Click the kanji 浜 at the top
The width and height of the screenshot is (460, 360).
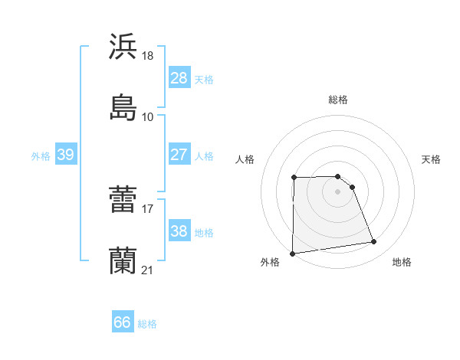click(123, 47)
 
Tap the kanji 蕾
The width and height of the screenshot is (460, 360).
click(123, 200)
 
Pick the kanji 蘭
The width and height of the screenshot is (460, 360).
click(123, 260)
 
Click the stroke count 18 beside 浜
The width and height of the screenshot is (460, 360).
click(149, 56)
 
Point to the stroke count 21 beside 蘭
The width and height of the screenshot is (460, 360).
click(148, 270)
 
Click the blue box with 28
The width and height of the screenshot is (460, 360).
click(179, 78)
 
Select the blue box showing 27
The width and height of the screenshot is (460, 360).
click(179, 155)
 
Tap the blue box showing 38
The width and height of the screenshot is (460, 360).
click(179, 231)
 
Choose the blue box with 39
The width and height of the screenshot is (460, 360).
click(65, 155)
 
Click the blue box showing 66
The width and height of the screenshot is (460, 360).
click(123, 322)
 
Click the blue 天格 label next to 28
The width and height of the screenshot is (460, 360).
click(204, 79)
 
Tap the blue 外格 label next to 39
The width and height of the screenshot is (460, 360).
click(41, 155)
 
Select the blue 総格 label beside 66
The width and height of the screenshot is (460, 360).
click(147, 324)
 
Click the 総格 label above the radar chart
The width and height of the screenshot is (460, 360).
click(338, 100)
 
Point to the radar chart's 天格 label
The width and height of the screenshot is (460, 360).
click(432, 159)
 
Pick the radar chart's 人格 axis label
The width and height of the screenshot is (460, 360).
click(245, 159)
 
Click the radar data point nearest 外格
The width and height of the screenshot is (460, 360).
click(292, 254)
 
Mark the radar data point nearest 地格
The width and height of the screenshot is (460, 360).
click(374, 242)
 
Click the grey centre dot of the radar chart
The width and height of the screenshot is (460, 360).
click(338, 191)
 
